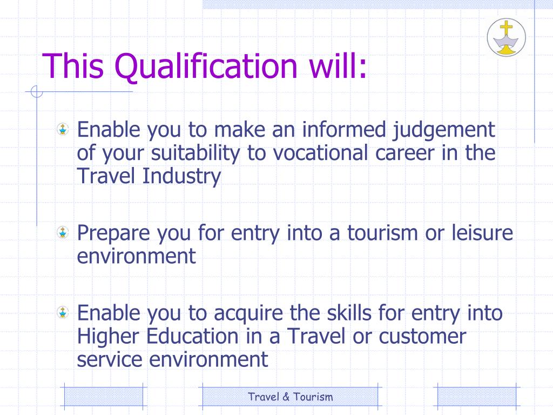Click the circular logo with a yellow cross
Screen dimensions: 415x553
click(x=506, y=37)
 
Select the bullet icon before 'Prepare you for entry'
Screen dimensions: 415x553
click(x=64, y=233)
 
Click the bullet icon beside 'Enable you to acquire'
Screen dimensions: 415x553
click(x=64, y=312)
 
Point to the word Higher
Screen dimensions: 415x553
click(x=110, y=336)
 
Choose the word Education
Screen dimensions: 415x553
click(x=193, y=336)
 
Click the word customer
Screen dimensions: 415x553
click(x=422, y=336)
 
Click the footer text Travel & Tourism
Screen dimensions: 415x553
click(x=291, y=397)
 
